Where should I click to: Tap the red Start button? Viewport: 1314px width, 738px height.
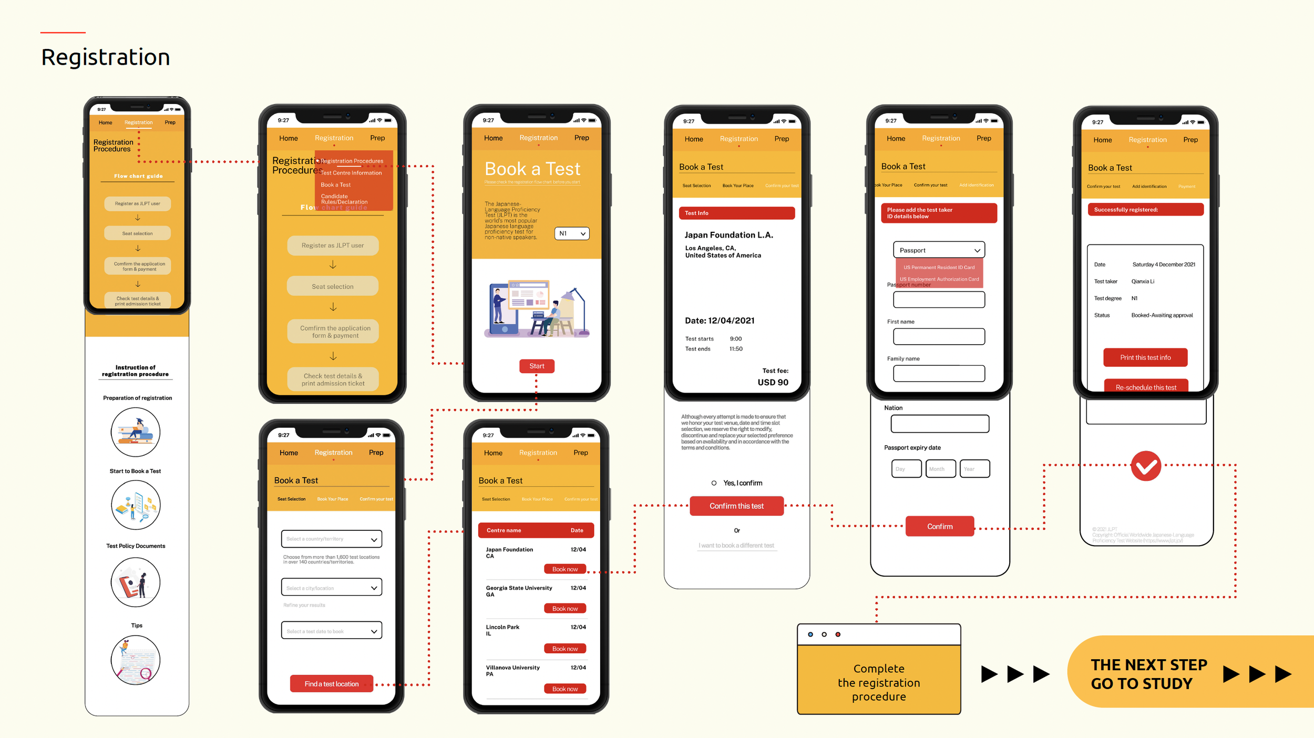(537, 366)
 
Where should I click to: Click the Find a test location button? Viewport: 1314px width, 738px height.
(332, 683)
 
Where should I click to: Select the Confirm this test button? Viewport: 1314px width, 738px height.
(736, 506)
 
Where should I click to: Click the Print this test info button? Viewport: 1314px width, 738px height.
(1145, 357)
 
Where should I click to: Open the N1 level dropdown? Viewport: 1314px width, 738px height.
(572, 233)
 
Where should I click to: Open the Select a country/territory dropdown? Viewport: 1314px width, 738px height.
(332, 539)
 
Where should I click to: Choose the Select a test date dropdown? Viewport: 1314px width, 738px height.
(332, 631)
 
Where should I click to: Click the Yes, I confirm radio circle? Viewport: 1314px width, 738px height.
(714, 483)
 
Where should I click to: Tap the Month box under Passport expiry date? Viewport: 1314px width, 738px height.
(940, 468)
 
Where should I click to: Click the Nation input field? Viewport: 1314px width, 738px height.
(940, 424)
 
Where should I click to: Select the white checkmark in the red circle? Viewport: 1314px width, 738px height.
(1146, 466)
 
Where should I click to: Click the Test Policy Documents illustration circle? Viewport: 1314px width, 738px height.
(136, 582)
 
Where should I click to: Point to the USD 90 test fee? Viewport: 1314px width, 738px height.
(773, 382)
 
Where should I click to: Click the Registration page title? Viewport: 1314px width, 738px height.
(106, 57)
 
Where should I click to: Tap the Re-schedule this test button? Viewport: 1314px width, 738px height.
(1146, 386)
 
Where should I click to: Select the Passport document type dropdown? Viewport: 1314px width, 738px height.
(939, 250)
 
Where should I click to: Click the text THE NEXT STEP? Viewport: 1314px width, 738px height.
(1149, 665)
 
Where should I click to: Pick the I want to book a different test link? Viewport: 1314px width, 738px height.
(736, 546)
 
